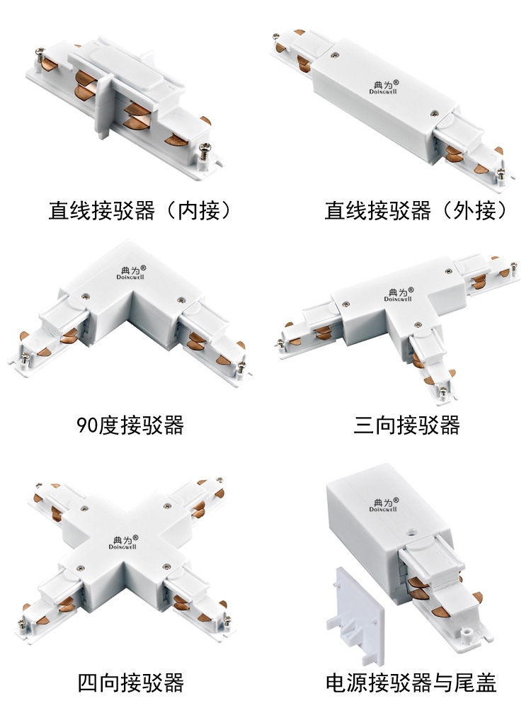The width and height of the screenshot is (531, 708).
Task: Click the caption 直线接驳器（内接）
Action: (139, 210)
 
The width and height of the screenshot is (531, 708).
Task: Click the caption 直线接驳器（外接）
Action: (416, 210)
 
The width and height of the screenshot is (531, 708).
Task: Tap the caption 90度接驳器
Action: (130, 425)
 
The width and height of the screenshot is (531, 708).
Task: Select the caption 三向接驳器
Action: (406, 425)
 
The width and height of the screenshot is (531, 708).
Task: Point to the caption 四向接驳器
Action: (131, 683)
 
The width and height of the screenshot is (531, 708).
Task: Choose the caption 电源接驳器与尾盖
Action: (411, 683)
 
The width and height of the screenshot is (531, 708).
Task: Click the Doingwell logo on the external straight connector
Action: (384, 87)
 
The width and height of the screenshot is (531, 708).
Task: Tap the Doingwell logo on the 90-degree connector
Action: (131, 273)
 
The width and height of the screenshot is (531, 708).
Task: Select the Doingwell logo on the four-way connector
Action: (123, 542)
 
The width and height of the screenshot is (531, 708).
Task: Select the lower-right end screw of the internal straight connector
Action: (206, 149)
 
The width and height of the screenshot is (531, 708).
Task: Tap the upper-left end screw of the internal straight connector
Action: (40, 55)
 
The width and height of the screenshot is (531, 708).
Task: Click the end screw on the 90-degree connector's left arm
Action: (25, 358)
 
